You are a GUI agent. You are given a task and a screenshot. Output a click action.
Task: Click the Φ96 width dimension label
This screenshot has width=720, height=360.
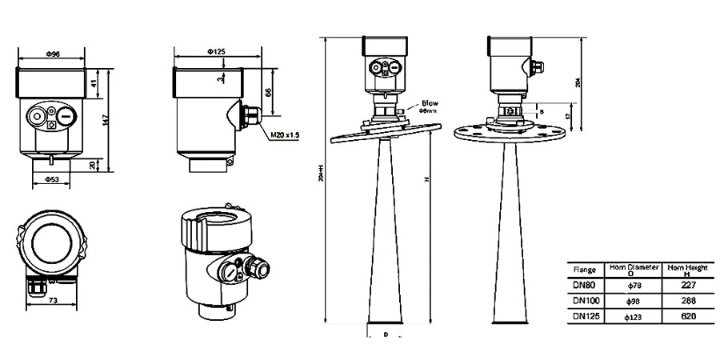(x=50, y=53)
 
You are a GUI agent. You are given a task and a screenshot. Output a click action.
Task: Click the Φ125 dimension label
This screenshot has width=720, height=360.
(x=216, y=51)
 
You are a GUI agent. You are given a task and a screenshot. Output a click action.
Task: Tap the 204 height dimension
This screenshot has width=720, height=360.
(x=578, y=82)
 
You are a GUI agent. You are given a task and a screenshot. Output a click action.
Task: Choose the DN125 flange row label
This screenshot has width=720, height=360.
(x=584, y=317)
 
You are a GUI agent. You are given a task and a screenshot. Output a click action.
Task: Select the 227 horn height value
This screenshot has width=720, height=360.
(x=687, y=284)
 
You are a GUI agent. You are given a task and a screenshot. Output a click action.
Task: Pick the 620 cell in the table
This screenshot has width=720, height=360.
(x=687, y=317)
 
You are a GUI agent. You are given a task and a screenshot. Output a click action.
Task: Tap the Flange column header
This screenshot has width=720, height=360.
(x=584, y=270)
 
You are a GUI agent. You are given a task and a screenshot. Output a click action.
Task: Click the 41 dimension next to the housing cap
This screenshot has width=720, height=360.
(x=94, y=83)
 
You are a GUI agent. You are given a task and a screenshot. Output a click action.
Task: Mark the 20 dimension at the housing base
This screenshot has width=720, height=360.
(x=94, y=164)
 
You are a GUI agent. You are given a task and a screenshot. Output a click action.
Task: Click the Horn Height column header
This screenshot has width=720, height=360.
(x=687, y=268)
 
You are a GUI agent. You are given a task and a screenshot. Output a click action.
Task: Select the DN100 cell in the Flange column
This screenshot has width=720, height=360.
(x=584, y=301)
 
